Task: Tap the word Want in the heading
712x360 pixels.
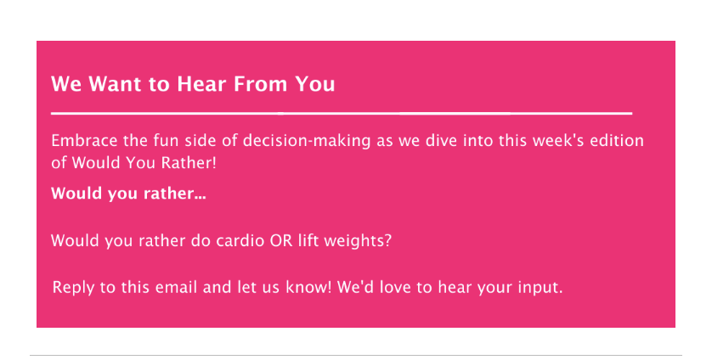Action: (115, 84)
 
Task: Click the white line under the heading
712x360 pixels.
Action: (342, 113)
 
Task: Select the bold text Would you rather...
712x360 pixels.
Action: (128, 194)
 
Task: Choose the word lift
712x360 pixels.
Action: (308, 240)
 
